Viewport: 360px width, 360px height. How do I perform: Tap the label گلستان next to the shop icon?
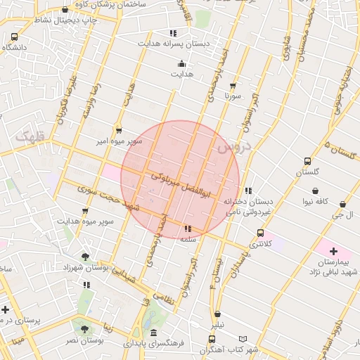click(307, 172)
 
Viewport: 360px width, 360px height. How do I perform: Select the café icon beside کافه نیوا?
click(315, 191)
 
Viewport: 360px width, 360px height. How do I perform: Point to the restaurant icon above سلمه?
click(187, 229)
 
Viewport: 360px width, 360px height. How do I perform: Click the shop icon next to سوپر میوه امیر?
click(118, 130)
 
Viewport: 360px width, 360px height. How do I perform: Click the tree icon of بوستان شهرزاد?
click(86, 257)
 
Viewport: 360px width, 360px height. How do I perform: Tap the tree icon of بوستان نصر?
click(85, 328)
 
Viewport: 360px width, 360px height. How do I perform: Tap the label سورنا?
click(233, 94)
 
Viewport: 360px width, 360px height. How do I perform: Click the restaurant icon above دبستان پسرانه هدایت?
click(173, 33)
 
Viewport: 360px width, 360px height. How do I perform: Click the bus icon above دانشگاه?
click(15, 37)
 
